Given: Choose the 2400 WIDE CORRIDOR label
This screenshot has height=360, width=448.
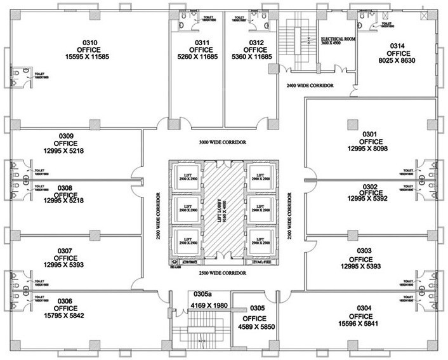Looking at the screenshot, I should [310, 84].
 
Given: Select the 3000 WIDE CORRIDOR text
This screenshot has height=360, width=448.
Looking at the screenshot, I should [218, 142].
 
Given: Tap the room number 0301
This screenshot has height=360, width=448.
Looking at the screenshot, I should [370, 133].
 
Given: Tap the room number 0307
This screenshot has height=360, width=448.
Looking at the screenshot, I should [65, 251].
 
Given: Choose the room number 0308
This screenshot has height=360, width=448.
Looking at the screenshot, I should [65, 188].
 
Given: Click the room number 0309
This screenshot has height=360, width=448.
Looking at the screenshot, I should [65, 135].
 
